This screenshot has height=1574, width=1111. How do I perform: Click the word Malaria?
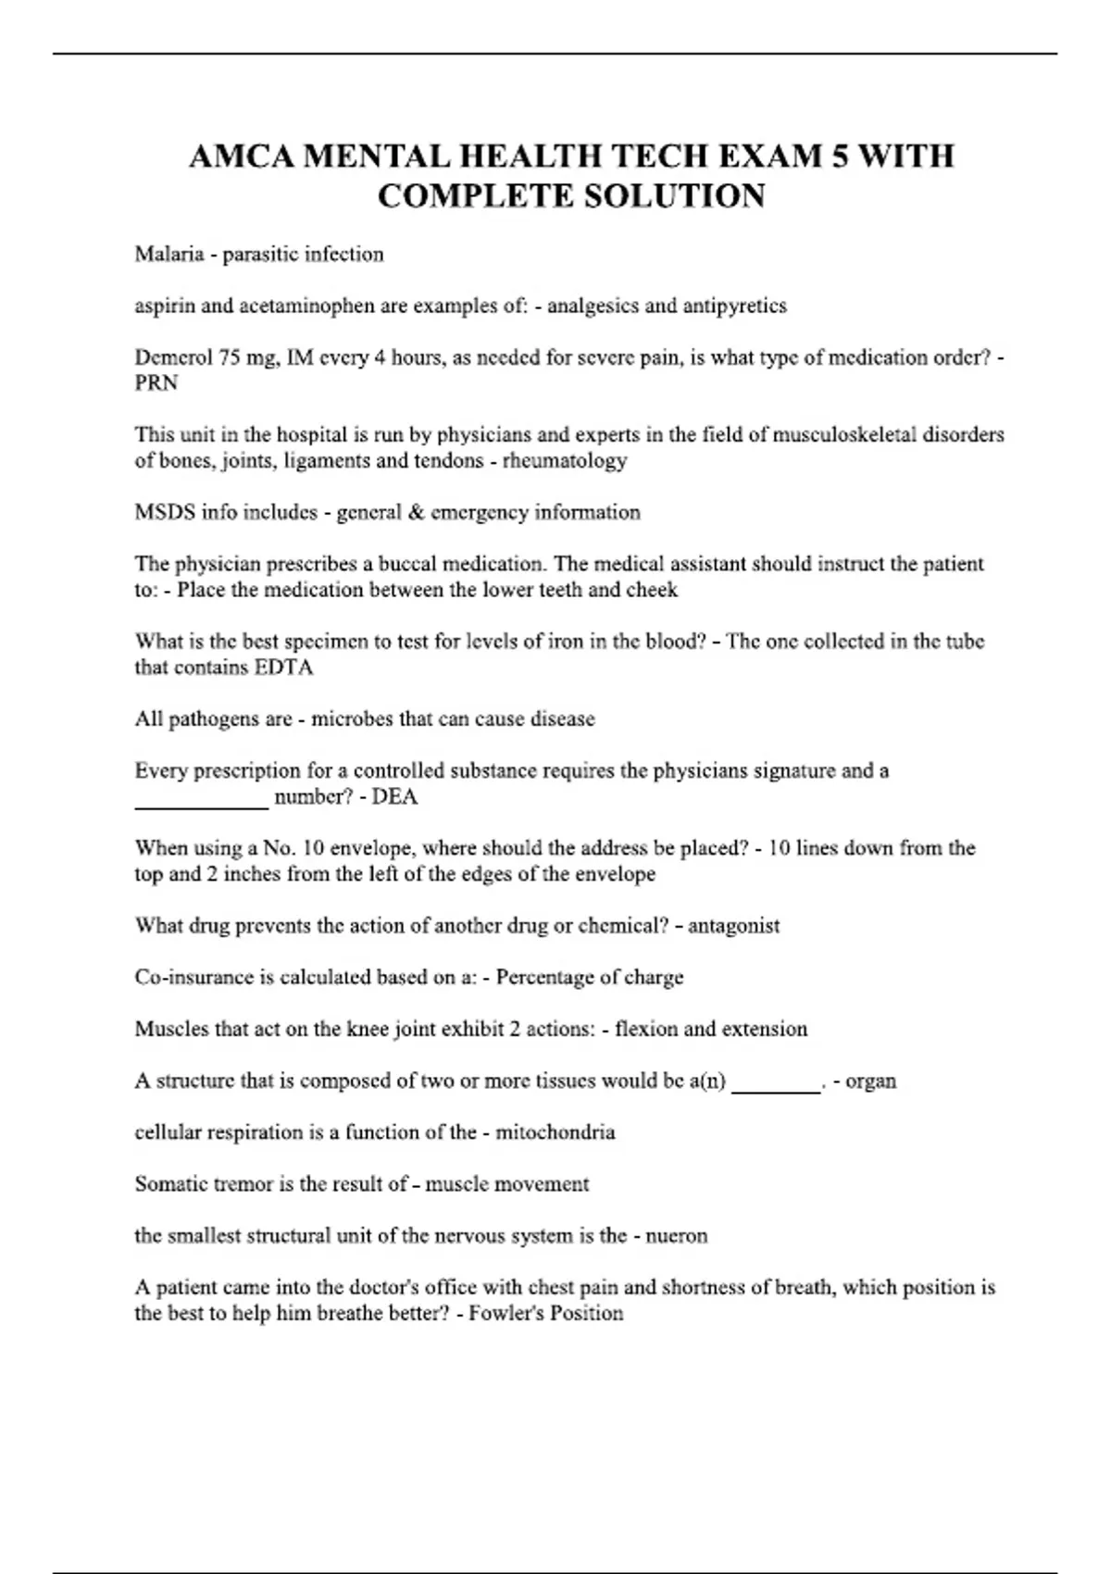pyautogui.click(x=169, y=254)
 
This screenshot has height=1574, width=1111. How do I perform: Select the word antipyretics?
pyautogui.click(x=734, y=306)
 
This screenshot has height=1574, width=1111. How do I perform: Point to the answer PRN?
pyautogui.click(x=156, y=383)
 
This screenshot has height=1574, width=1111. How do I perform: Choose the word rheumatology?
pyautogui.click(x=565, y=461)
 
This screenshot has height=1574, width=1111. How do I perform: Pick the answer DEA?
pyautogui.click(x=394, y=797)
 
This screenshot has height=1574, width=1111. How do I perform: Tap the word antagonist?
pyautogui.click(x=733, y=926)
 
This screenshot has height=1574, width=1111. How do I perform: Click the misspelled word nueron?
pyautogui.click(x=678, y=1236)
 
